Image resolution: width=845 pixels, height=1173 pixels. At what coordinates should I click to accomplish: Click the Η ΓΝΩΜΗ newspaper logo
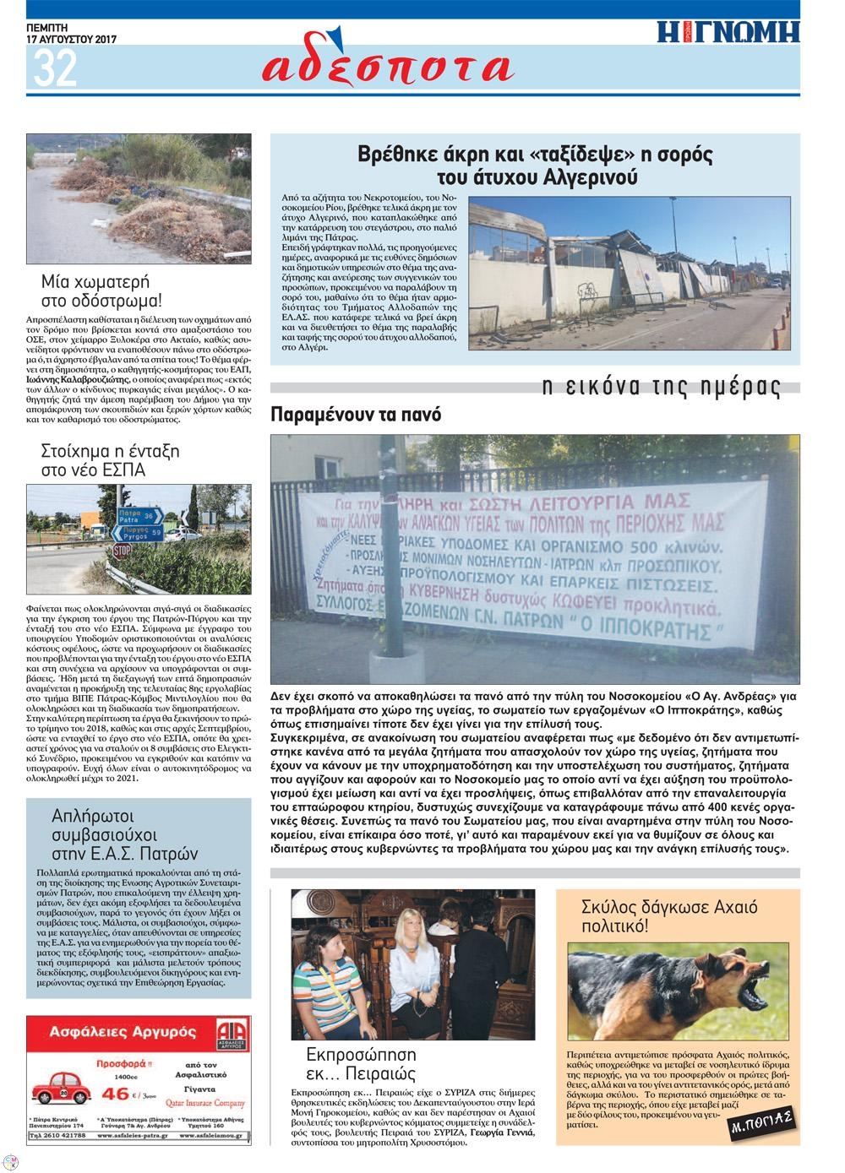click(728, 31)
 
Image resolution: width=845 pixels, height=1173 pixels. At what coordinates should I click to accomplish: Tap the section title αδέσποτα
click(388, 67)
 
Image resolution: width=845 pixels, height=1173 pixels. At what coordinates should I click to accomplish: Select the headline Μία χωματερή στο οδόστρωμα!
click(101, 291)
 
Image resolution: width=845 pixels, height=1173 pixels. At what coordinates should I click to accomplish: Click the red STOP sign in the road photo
click(122, 551)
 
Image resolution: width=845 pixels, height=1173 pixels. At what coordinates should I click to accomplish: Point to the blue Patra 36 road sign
click(139, 516)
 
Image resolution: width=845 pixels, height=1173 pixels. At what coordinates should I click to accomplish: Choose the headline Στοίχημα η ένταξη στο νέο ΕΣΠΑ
click(110, 459)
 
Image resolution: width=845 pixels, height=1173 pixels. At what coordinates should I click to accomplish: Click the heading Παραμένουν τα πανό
click(356, 415)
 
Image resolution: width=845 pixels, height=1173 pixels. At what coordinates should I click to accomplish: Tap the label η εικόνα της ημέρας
click(661, 387)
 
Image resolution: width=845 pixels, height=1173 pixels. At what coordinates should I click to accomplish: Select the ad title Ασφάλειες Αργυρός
click(123, 1031)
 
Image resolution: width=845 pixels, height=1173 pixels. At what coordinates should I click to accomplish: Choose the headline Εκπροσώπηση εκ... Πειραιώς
click(361, 1064)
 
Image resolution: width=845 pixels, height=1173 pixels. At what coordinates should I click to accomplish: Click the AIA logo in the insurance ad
click(232, 1035)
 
